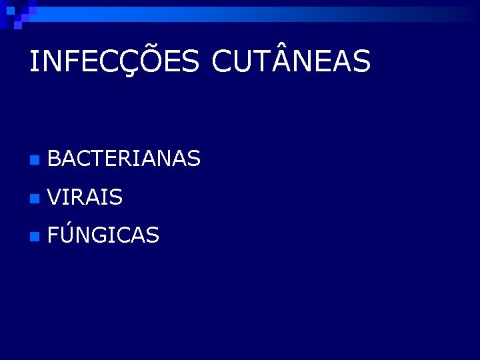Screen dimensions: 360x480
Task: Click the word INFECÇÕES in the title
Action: pyautogui.click(x=114, y=61)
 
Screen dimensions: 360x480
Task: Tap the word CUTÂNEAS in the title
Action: pyautogui.click(x=291, y=61)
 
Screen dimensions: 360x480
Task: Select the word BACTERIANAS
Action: pyautogui.click(x=124, y=159)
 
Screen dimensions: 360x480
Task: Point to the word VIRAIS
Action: pyautogui.click(x=85, y=197)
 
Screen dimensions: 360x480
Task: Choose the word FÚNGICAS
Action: pyautogui.click(x=103, y=234)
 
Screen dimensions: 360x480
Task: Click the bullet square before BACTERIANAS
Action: pyautogui.click(x=34, y=160)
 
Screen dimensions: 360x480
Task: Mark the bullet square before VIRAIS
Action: pyautogui.click(x=34, y=198)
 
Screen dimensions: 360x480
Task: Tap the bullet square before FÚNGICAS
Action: pyautogui.click(x=34, y=236)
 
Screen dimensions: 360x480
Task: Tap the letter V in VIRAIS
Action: pyautogui.click(x=56, y=197)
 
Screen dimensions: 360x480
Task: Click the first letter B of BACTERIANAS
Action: pyautogui.click(x=55, y=159)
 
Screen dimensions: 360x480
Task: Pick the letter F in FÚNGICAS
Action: pyautogui.click(x=55, y=235)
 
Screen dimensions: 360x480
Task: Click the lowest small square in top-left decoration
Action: pyautogui.click(x=18, y=25)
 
